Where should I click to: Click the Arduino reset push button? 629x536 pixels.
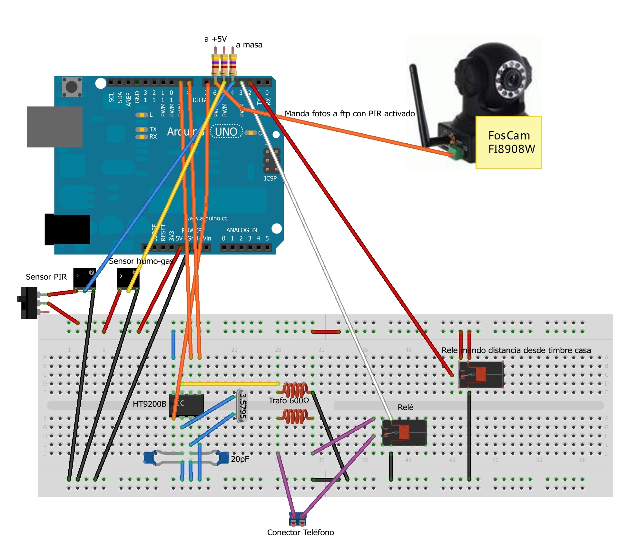72,87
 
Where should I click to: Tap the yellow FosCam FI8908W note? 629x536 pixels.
508,142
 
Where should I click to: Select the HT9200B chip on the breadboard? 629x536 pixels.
186,405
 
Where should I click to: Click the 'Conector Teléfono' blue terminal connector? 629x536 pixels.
298,519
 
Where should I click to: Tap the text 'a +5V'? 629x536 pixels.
215,39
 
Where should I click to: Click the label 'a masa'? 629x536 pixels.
249,45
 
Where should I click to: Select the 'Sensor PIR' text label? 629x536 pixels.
46,277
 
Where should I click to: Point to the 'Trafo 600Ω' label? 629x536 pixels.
289,400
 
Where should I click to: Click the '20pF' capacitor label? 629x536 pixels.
240,459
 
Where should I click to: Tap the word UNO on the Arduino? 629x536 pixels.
226,132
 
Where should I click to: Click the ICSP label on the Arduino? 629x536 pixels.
270,178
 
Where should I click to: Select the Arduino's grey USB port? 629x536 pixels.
54,127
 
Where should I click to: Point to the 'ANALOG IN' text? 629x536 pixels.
241,230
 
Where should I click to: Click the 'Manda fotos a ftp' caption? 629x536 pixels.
349,113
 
